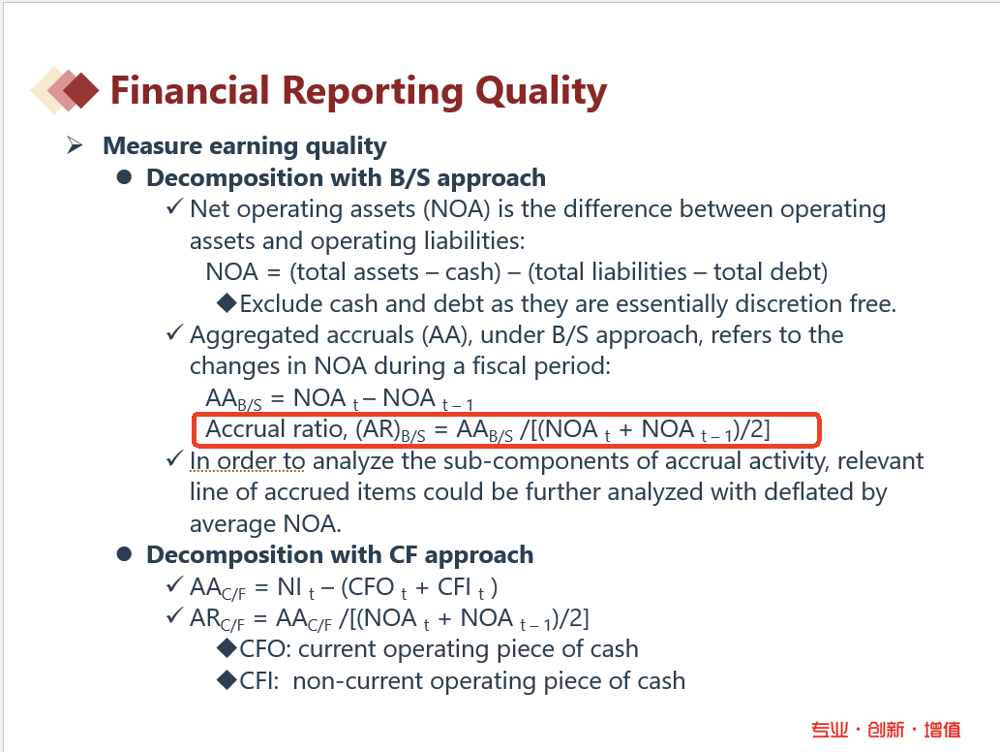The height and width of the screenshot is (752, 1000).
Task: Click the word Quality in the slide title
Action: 541,91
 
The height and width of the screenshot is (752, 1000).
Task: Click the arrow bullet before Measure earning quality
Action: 75,145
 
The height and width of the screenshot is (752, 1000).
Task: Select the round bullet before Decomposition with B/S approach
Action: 124,177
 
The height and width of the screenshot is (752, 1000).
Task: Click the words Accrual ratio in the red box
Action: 277,429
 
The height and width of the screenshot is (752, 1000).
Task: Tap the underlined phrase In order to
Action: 248,460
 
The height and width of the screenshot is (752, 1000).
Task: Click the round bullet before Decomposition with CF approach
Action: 124,554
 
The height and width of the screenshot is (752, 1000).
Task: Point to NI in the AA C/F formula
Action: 289,586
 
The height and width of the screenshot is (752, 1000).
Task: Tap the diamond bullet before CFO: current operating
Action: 227,648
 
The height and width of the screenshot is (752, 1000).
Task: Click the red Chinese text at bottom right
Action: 886,729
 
